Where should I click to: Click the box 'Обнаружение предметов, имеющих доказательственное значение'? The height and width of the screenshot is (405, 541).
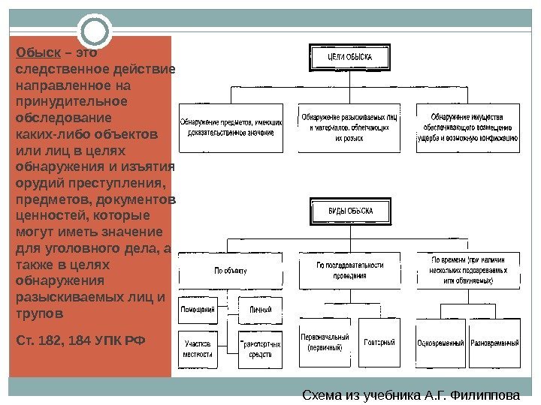click(231, 127)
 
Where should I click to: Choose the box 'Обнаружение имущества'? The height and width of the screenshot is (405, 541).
click(467, 127)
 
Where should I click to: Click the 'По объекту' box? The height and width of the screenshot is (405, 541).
click(231, 270)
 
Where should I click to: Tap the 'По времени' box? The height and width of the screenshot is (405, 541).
click(467, 270)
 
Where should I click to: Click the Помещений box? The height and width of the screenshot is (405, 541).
click(198, 309)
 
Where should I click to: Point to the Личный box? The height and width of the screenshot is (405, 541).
click(260, 309)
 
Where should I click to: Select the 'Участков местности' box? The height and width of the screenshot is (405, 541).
click(198, 349)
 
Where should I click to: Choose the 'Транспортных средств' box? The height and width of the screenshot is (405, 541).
click(260, 349)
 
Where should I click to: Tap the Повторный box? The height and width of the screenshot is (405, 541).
click(379, 343)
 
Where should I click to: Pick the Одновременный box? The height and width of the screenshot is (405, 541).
click(440, 343)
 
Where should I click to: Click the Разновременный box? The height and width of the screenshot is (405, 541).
click(494, 343)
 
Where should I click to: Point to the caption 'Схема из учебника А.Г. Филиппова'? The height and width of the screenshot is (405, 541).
click(410, 395)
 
